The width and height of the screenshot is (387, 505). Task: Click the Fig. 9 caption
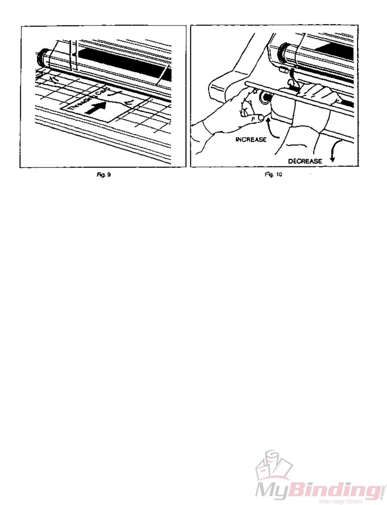tap(104, 175)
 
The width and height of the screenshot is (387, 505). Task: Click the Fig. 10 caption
tap(273, 174)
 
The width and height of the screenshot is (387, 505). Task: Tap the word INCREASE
tap(251, 140)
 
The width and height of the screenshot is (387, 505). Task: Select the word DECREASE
tap(305, 161)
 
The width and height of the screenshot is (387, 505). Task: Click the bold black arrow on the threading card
tap(96, 107)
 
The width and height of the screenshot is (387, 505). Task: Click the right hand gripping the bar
tap(320, 94)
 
